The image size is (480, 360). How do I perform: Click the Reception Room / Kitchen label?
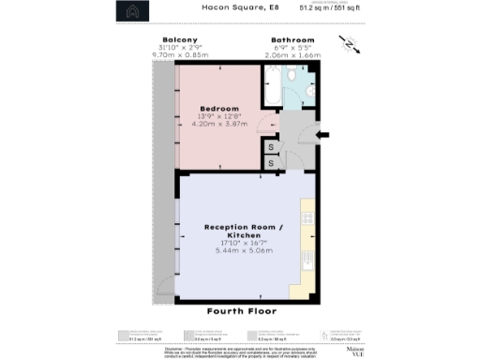239,232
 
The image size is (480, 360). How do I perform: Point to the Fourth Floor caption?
241,310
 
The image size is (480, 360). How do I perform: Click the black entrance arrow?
322,136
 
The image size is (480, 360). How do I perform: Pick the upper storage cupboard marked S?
270,146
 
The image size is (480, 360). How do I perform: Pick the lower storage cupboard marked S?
270,163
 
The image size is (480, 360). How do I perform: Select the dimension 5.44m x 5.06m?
239,251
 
